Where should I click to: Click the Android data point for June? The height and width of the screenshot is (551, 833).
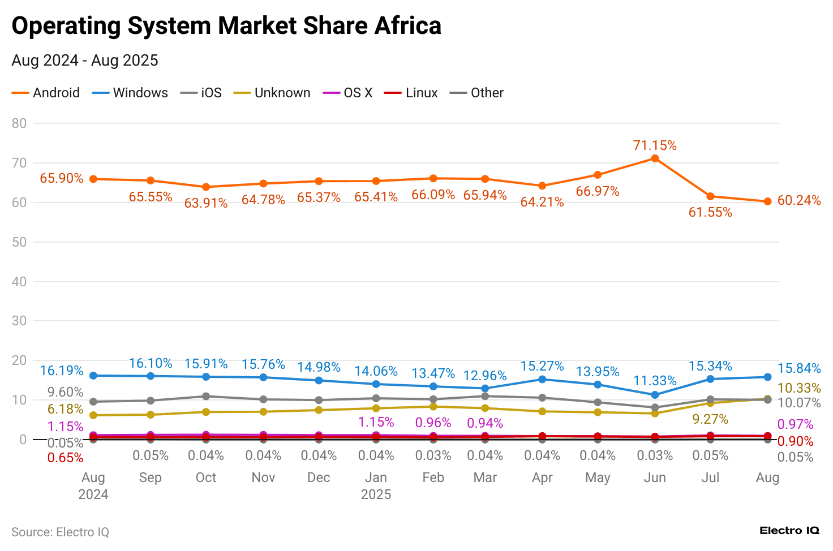tap(655, 158)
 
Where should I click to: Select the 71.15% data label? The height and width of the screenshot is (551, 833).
tap(655, 145)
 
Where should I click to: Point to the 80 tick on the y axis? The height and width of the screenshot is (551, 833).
tap(19, 123)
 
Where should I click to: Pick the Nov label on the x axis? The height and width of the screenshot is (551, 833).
tap(263, 477)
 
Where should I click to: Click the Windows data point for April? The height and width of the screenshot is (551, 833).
tap(542, 379)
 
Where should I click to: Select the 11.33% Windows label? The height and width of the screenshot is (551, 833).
tap(655, 381)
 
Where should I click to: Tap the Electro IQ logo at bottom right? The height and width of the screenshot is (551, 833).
tap(789, 531)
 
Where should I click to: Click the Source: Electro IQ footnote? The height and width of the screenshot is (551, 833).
tap(60, 532)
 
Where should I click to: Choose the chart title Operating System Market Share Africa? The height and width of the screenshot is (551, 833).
tap(226, 26)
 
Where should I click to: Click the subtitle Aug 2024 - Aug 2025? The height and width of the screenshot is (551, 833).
tap(85, 61)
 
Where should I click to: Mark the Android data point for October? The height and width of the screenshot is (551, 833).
tap(206, 187)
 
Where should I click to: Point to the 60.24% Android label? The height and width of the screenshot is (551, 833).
tap(798, 201)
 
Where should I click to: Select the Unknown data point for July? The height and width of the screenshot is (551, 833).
tap(710, 403)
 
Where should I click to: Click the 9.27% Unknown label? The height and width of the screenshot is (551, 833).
tap(710, 419)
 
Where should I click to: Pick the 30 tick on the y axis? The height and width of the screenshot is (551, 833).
tap(19, 321)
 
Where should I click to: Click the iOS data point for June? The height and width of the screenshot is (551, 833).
tap(655, 407)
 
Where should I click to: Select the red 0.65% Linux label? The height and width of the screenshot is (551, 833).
tap(65, 458)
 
